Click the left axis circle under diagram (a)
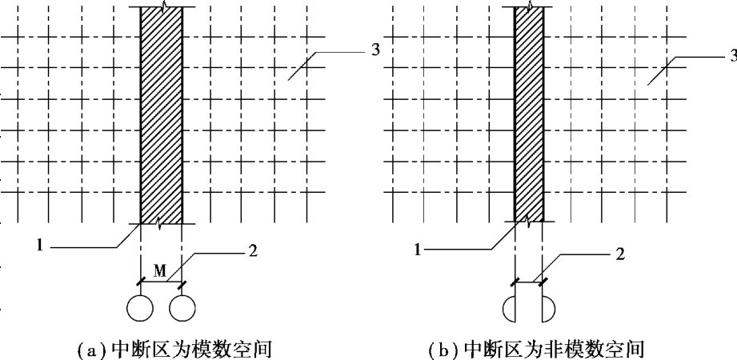click(x=141, y=307)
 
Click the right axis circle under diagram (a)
click(x=182, y=307)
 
